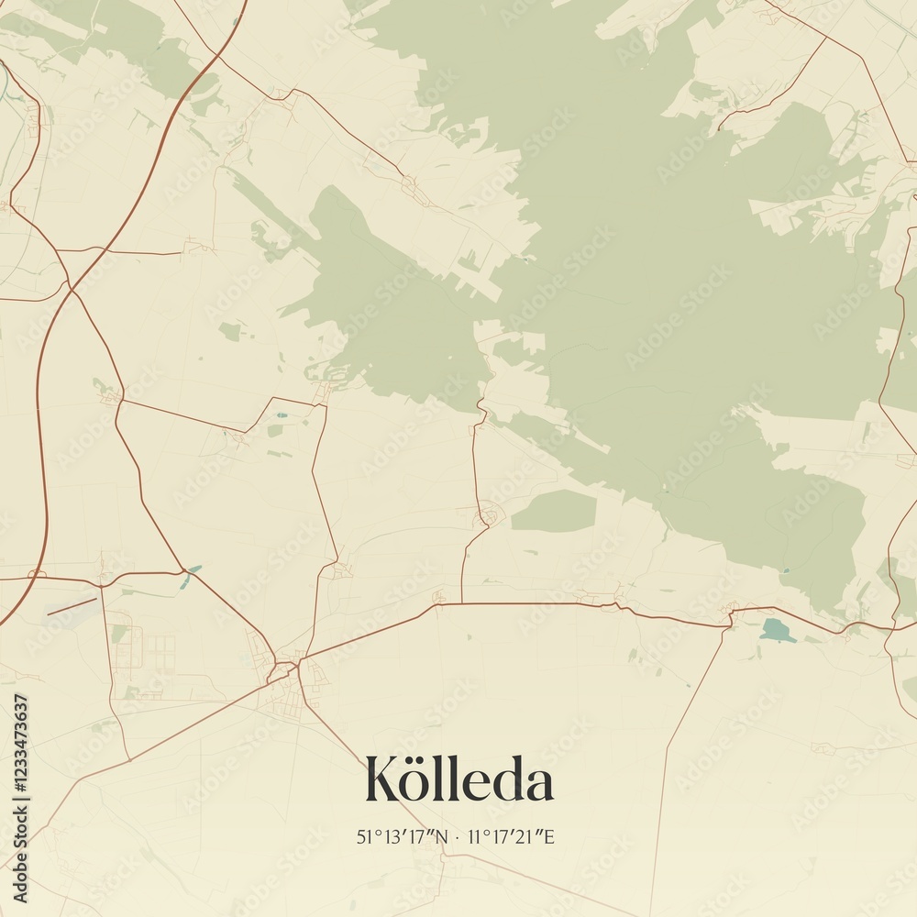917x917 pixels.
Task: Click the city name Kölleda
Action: (458, 780)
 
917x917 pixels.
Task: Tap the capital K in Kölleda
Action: (383, 780)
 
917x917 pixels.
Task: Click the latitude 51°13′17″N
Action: (403, 836)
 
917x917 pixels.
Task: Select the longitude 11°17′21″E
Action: (512, 836)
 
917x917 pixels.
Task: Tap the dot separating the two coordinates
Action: (458, 836)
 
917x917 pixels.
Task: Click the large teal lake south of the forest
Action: (777, 630)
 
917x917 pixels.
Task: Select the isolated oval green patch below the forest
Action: (554, 511)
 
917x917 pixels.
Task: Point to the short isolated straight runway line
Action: (72, 607)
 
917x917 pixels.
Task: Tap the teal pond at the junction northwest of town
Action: (193, 569)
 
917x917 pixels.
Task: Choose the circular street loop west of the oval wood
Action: (489, 516)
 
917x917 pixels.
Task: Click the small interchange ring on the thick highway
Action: (37, 574)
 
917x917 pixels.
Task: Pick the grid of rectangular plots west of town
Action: (160, 652)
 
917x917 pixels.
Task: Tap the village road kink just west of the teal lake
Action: (731, 616)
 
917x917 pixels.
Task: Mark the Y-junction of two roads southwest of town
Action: (129, 759)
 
